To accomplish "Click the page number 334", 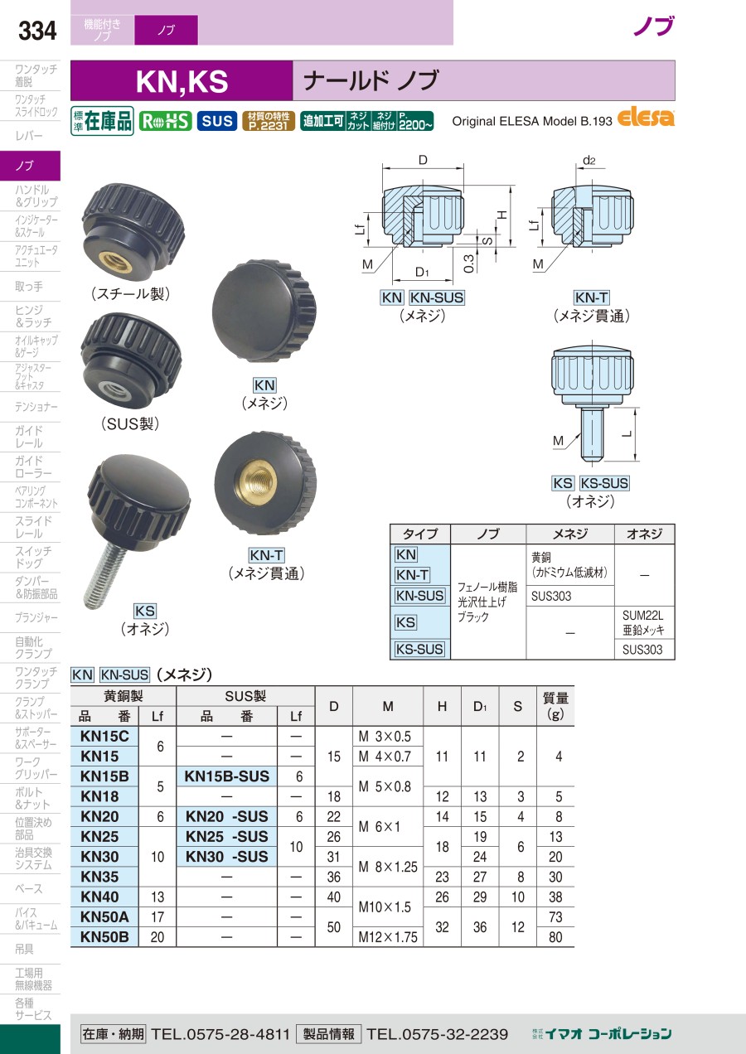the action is pyautogui.click(x=37, y=31).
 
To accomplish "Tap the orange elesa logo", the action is pyautogui.click(x=645, y=118).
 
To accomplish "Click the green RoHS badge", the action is pyautogui.click(x=165, y=122).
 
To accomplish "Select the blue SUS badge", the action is pyautogui.click(x=217, y=122).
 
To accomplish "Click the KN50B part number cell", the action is pyautogui.click(x=104, y=937).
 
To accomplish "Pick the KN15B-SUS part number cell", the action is pyautogui.click(x=227, y=776).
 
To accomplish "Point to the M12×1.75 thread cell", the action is pyautogui.click(x=388, y=937).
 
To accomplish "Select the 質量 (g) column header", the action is pyautogui.click(x=555, y=706).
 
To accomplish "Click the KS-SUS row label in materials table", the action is pyautogui.click(x=419, y=649).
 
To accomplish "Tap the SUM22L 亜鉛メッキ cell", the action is pyautogui.click(x=643, y=622).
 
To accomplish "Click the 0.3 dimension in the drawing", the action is pyautogui.click(x=469, y=263).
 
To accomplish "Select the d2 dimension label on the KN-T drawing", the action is pyautogui.click(x=589, y=161).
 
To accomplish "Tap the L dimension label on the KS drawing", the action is pyautogui.click(x=627, y=433).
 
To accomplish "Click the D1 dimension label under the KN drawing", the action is pyautogui.click(x=422, y=272).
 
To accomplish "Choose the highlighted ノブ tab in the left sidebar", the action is pyautogui.click(x=30, y=166).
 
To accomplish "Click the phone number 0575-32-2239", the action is pyautogui.click(x=438, y=1033).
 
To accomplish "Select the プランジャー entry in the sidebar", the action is pyautogui.click(x=36, y=617).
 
